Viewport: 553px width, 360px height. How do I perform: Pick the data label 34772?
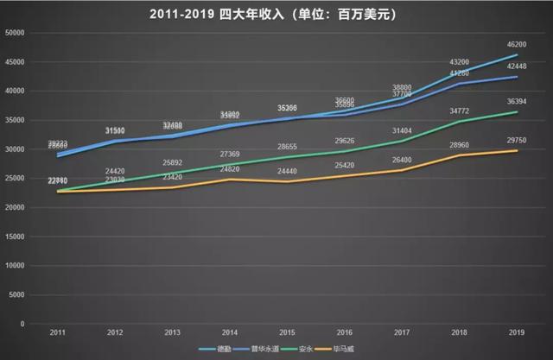click(459, 110)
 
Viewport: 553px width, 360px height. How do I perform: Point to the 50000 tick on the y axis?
click(15, 33)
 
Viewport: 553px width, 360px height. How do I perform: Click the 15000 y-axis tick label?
click(15, 237)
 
